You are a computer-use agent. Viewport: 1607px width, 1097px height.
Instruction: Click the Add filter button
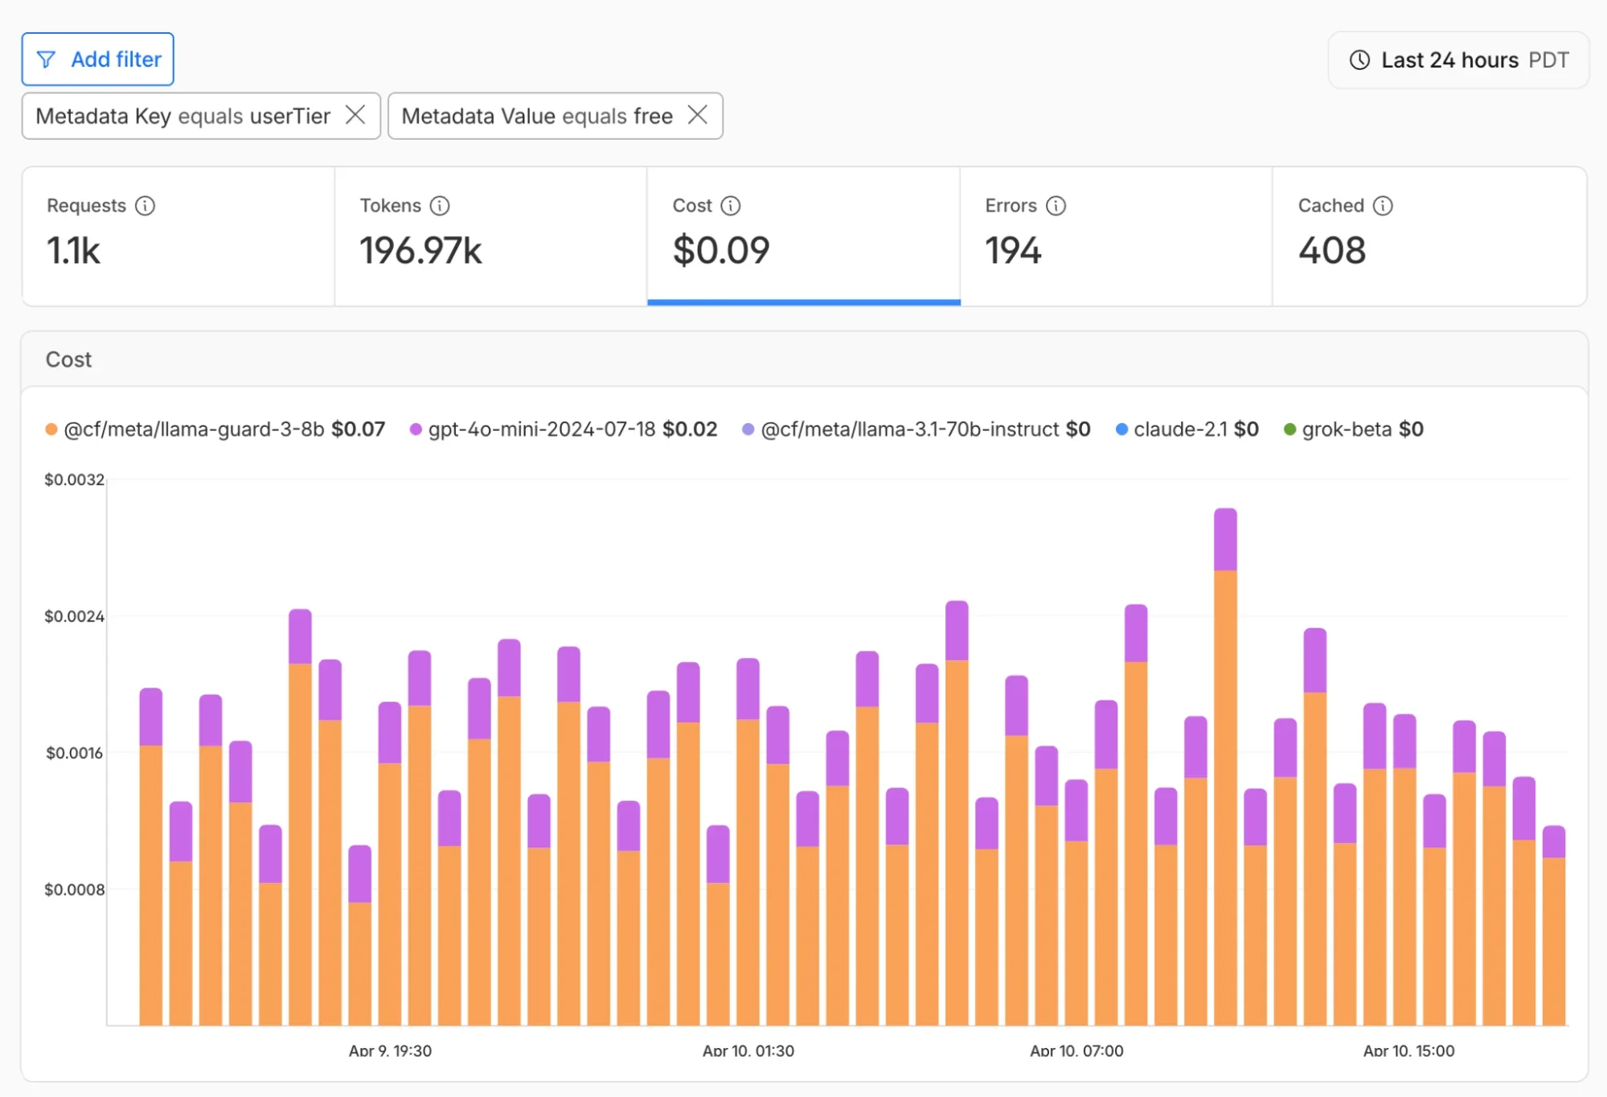[98, 60]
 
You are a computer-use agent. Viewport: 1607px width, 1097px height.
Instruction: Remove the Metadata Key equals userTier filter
[355, 115]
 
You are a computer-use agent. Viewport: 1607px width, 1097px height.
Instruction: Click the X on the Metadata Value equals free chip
[698, 115]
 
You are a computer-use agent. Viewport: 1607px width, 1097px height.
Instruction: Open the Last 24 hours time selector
[1458, 60]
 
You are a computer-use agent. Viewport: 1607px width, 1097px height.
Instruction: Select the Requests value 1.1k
[73, 250]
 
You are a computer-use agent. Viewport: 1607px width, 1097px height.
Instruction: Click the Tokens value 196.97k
[420, 250]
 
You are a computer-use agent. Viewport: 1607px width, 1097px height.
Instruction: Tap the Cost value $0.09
[721, 250]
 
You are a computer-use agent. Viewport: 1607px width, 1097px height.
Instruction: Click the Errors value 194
[1013, 250]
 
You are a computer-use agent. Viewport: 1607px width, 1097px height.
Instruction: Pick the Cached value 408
[1332, 250]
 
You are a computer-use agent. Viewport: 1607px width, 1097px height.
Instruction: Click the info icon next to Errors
[1056, 206]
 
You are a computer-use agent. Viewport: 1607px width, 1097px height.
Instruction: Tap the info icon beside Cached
[1383, 206]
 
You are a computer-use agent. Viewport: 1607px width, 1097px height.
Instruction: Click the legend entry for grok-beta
[1354, 429]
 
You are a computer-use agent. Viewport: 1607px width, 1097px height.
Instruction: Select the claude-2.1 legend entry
[1187, 429]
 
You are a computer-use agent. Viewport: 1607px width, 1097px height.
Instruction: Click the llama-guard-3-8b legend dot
[51, 429]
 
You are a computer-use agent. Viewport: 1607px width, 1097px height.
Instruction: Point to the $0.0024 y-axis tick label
[74, 617]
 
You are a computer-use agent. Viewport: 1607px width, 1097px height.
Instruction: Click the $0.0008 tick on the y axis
[74, 890]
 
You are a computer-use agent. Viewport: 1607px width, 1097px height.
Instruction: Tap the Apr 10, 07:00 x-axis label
[1076, 1050]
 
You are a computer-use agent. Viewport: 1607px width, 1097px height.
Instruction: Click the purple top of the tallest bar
[1225, 539]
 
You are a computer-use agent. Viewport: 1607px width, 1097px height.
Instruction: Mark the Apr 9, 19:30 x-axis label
[390, 1050]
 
